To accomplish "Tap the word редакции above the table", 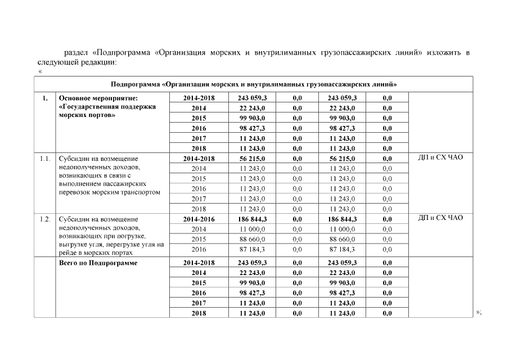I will pos(100,61).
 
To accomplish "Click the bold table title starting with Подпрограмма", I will pos(254,84).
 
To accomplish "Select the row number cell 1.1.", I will pos(46,159).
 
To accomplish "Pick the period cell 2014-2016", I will pos(199,219).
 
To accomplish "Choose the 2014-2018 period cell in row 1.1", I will pos(199,159).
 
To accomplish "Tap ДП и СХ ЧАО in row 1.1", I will pos(440,157).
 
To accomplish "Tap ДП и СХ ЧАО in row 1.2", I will pos(440,218).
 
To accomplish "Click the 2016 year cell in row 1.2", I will pos(199,249).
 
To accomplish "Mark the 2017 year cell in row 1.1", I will pos(199,199).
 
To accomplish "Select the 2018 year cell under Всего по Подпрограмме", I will pos(199,313).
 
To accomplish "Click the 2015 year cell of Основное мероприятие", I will pos(199,118).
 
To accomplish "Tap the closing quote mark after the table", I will pos(479,312).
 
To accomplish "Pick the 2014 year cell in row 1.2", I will pos(199,229).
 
